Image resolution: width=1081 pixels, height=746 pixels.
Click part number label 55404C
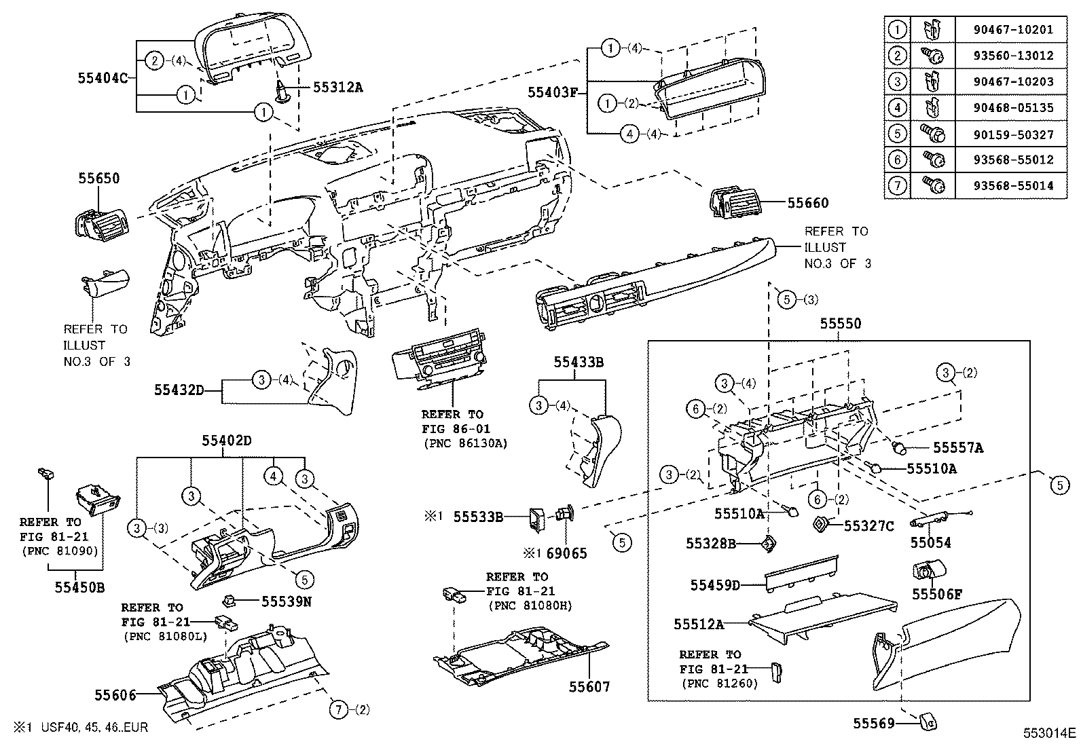(x=103, y=77)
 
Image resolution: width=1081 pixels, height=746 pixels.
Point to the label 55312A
(x=338, y=86)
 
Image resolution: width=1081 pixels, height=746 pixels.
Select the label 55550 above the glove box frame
(x=840, y=324)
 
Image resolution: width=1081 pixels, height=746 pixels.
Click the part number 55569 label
(x=873, y=724)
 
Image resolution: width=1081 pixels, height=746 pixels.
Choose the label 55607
(x=589, y=687)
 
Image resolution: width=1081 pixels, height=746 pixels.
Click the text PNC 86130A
(x=464, y=444)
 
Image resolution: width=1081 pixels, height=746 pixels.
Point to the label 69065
(x=566, y=553)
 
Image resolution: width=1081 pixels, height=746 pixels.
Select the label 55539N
(x=287, y=601)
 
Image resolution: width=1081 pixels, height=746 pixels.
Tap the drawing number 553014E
(x=1050, y=732)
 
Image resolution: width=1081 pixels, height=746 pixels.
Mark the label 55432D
(x=179, y=390)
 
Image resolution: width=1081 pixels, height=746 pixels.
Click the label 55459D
(x=715, y=584)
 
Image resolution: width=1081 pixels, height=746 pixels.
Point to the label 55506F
(x=937, y=595)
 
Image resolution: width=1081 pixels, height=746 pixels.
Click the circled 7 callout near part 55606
(x=337, y=710)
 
